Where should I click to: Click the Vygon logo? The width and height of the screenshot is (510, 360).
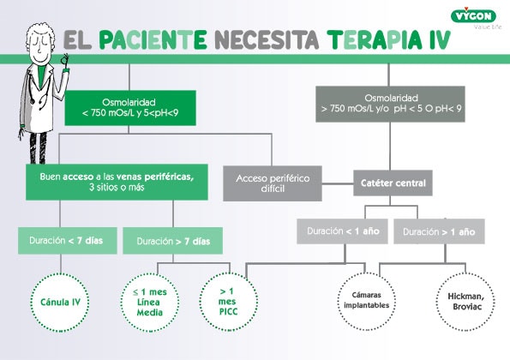coord(473,16)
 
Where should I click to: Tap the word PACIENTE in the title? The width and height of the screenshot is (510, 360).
coord(153,40)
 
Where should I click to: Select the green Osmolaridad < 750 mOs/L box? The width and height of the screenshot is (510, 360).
coord(130,108)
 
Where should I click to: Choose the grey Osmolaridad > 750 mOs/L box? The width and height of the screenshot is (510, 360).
coord(390,104)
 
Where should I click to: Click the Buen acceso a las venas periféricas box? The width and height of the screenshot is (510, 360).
coord(117,182)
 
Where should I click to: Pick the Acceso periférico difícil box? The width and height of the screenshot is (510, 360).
coord(273,183)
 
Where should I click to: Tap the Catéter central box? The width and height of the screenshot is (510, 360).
coord(393,183)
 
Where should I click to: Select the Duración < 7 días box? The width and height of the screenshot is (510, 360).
coord(68,241)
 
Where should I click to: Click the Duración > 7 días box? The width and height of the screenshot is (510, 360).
coord(172,241)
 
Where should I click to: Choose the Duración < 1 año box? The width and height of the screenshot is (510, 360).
coord(342,231)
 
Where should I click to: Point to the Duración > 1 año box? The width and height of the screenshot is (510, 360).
coord(439,231)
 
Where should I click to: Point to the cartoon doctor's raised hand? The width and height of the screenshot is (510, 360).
coord(65,61)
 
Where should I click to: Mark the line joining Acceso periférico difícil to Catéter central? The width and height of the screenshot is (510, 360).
coord(338,183)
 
